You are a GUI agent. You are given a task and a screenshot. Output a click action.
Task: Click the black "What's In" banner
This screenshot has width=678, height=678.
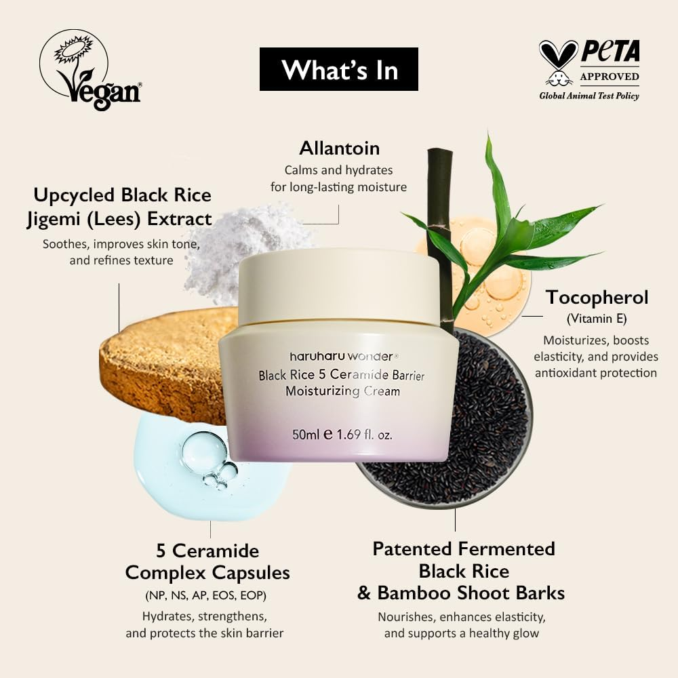coord(339,69)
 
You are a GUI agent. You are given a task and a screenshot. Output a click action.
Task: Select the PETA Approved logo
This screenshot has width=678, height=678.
coord(589,69)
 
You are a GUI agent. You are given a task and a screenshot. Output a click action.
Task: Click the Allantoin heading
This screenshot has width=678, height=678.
coord(339,148)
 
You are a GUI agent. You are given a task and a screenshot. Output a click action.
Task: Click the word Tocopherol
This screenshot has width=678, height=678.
coord(597,297)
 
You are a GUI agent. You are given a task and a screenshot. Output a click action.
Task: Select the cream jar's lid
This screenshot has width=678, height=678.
coord(338,285)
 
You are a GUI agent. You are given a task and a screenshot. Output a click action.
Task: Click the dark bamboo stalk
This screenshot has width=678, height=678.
coord(441,224)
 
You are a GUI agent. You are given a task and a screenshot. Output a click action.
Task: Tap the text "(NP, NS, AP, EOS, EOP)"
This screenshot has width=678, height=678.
coord(205,595)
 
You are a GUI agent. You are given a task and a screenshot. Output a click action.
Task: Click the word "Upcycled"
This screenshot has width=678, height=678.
coord(75,195)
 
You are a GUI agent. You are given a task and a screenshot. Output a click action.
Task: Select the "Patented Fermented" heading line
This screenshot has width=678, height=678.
coord(464,549)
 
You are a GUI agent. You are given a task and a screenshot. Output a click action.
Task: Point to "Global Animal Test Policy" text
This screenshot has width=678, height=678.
coord(589,96)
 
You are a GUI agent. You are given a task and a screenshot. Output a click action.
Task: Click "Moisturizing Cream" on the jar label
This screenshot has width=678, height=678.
coord(342,391)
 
